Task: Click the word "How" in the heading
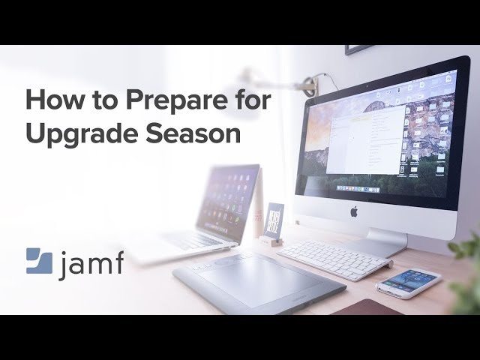(x=46, y=99)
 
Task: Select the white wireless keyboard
(x=333, y=259)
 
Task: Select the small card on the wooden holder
(x=274, y=219)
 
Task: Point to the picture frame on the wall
(x=360, y=49)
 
